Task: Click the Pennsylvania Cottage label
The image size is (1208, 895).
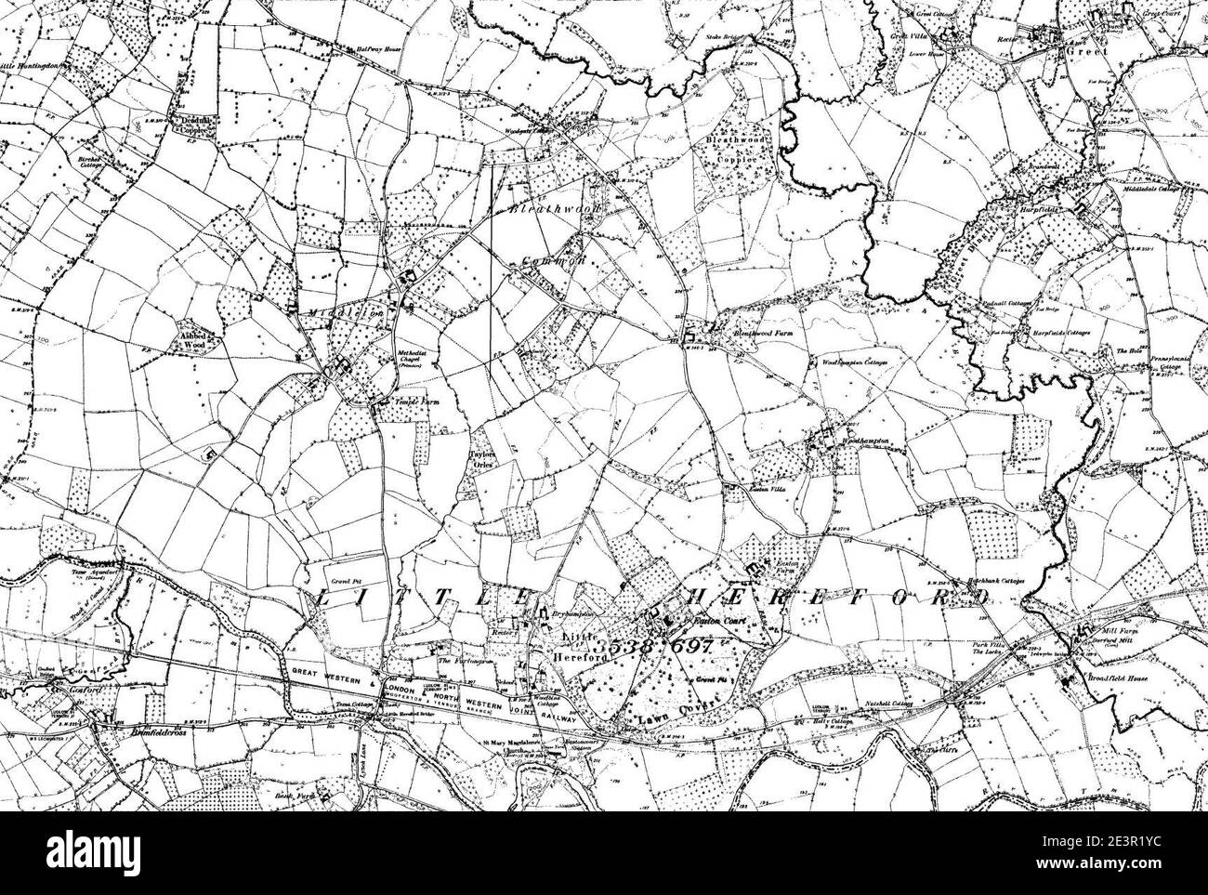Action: [x=1168, y=362]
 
